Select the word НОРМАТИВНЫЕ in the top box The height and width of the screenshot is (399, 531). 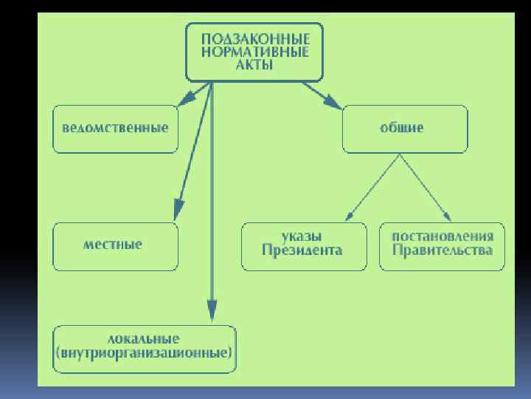pos(254,51)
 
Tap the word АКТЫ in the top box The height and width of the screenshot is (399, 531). pos(254,65)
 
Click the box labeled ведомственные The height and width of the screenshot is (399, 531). pos(115,129)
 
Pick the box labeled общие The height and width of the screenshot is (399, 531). pos(404,129)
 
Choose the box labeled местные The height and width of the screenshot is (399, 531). pos(115,246)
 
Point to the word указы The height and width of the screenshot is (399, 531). pos(303,237)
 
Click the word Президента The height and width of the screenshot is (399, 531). pos(303,250)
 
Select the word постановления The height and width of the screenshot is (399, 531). pos(442,237)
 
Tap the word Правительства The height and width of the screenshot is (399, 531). pos(442,250)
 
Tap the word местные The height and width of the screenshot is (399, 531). pos(112,245)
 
